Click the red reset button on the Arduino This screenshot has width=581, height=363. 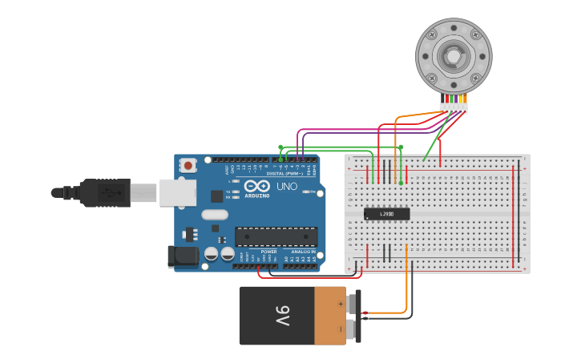coord(188,166)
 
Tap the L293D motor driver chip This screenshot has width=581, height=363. coord(386,214)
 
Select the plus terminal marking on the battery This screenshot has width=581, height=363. coord(341,305)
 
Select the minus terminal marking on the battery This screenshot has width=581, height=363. coord(341,329)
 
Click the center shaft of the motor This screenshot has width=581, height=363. coord(453,55)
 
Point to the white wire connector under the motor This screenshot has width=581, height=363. coord(454,108)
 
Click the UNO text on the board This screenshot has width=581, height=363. coord(287,187)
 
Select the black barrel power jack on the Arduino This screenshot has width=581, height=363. coord(182,256)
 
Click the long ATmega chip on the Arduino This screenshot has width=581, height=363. coord(276,236)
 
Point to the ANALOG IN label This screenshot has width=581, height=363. coord(302,252)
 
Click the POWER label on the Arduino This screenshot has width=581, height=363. coord(268,252)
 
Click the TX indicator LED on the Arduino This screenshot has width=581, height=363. coord(236,192)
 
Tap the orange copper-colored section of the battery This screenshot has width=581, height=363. coord(329,316)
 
